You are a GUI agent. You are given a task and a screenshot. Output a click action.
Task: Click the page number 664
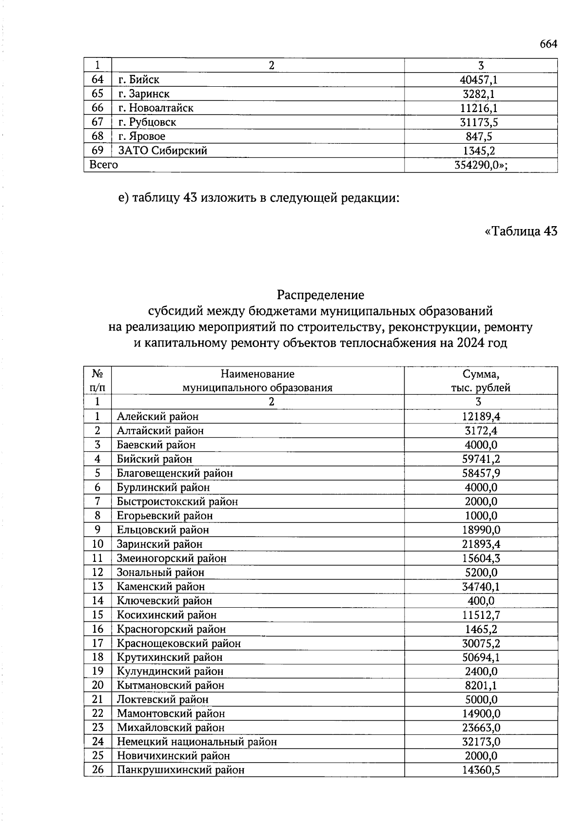coord(548,44)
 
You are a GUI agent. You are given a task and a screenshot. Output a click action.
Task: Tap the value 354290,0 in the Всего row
coord(480,165)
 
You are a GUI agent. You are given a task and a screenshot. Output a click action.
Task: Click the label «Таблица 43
coord(521,231)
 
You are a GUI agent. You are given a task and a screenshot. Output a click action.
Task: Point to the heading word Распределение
coord(320,295)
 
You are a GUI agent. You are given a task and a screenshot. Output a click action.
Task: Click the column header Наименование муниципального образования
coord(257,381)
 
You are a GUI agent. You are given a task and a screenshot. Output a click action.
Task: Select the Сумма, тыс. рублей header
coord(480,381)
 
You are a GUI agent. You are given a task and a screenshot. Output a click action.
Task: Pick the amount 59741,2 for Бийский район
coord(481,459)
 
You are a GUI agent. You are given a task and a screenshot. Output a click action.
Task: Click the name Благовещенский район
coord(175,473)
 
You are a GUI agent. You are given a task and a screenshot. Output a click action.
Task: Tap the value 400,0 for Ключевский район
coord(481,601)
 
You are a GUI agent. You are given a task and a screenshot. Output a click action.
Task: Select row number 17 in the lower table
coord(97,643)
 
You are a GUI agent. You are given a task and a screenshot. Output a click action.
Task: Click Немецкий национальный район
coord(196,742)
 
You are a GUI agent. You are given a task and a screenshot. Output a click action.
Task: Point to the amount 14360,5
coord(481,770)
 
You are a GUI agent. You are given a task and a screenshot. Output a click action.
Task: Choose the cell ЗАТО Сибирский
coord(162,151)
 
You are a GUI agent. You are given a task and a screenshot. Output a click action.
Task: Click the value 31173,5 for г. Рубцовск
coord(481,122)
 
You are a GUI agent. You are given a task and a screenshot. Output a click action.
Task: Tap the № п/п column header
coord(97,381)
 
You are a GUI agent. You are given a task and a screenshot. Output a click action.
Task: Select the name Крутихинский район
coord(169,657)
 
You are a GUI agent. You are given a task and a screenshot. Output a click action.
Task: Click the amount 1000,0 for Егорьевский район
coord(481,516)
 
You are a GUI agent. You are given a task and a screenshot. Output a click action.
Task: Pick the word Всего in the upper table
coord(103,165)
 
